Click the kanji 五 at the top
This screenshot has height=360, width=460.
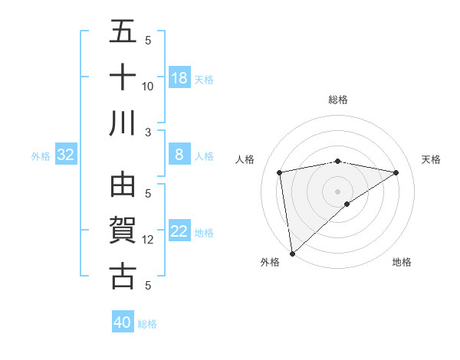tap(123, 33)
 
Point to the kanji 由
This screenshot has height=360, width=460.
tap(123, 185)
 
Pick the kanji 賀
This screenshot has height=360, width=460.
tap(123, 230)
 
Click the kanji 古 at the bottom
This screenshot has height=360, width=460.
tap(123, 275)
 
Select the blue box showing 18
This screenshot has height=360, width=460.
tap(179, 78)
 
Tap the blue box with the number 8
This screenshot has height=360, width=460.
tap(179, 155)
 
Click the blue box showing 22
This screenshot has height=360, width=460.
tap(179, 231)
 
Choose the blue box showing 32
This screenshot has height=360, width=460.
tap(66, 155)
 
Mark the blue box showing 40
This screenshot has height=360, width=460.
tap(123, 322)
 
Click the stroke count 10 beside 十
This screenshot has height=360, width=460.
tap(148, 86)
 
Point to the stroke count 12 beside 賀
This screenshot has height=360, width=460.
tap(148, 240)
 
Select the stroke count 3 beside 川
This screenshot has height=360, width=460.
tap(149, 132)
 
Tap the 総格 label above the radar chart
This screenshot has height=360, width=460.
tap(337, 100)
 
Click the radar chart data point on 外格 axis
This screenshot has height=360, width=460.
tap(292, 254)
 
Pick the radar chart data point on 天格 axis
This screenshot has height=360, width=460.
tap(396, 172)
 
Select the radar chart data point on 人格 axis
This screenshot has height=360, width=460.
tap(280, 172)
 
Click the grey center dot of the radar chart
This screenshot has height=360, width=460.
tap(337, 191)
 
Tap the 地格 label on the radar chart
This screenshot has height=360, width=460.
tap(402, 262)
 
